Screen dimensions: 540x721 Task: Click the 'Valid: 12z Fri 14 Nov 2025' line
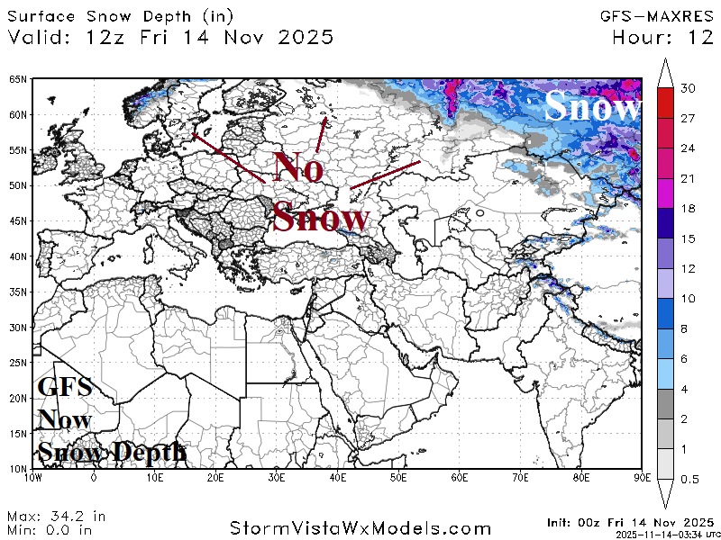[x=170, y=37]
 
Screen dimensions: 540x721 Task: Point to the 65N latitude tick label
[x=18, y=79]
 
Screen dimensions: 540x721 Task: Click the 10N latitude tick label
[x=18, y=468]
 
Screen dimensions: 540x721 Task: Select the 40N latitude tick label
[x=18, y=256]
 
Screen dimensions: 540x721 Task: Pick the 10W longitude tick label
[x=34, y=479]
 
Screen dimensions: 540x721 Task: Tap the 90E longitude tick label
[x=641, y=479]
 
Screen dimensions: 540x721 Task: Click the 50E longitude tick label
[x=398, y=479]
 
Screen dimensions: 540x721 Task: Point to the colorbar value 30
[x=689, y=88]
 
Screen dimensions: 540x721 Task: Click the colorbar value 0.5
[x=689, y=479]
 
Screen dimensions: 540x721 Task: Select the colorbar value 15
[x=689, y=238]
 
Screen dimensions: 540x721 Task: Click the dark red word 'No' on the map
[x=299, y=167]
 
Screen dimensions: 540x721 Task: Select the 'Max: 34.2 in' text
[x=56, y=517]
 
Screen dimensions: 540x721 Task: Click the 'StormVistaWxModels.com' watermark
[x=360, y=528]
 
